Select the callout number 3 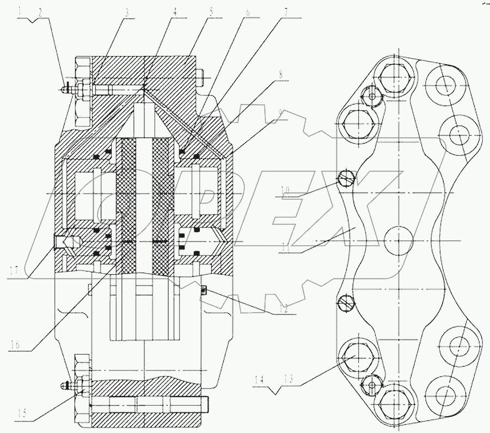coord(126,10)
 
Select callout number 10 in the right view coord(286,190)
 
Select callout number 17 coord(15,268)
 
